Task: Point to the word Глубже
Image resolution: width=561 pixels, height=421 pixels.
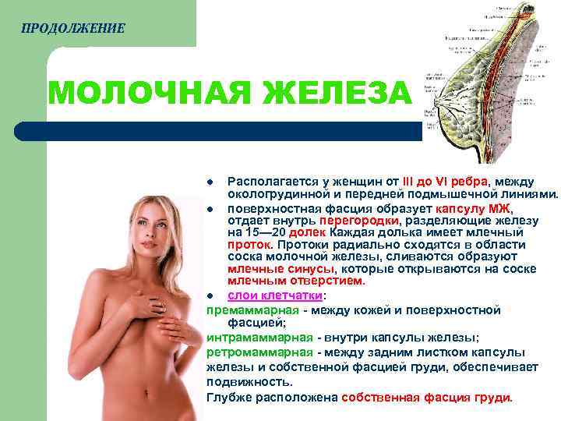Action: (231, 397)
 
